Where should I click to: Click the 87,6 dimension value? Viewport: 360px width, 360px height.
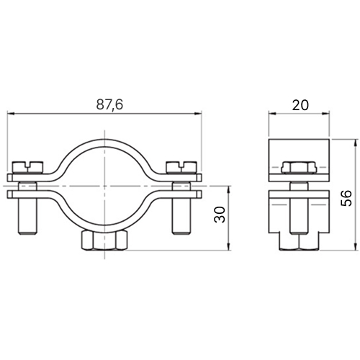(109, 105)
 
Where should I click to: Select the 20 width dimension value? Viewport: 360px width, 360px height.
(300, 105)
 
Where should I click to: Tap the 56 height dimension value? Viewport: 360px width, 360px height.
(346, 198)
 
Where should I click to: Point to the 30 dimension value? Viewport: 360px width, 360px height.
(220, 215)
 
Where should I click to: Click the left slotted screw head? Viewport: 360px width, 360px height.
(28, 167)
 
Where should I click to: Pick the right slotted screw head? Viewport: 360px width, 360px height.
(181, 167)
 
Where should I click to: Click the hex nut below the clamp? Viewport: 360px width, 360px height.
(104, 240)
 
